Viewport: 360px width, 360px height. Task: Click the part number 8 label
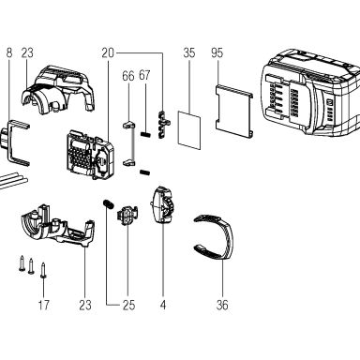[9, 52]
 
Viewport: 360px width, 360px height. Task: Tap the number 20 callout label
[108, 52]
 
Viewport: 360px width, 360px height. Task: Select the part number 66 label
[128, 76]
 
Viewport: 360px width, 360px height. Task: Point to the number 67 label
[144, 75]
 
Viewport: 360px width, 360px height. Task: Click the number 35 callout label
[189, 52]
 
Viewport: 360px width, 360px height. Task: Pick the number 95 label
[217, 52]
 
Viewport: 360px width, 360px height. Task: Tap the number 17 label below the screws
[43, 305]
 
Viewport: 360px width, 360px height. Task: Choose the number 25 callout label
[128, 305]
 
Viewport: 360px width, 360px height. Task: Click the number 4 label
[163, 305]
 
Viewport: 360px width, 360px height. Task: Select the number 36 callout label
[222, 305]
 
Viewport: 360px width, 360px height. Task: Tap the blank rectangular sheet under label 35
[189, 130]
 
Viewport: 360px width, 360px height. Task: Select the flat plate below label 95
[234, 111]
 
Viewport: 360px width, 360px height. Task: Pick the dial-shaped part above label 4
[163, 205]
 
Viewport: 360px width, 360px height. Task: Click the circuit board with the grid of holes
[89, 155]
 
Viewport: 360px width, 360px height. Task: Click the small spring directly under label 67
[144, 134]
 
